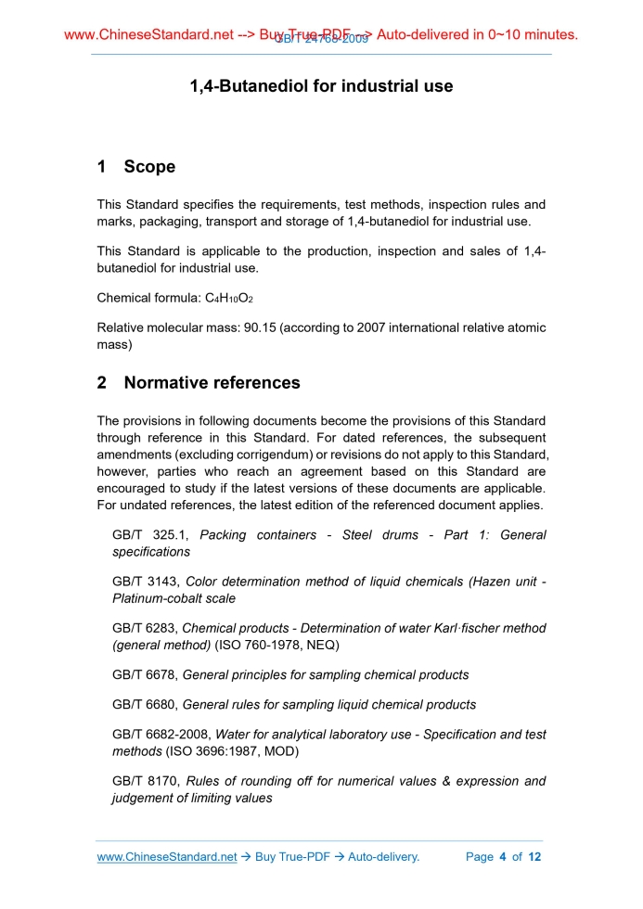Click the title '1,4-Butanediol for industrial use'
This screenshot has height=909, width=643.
(x=321, y=86)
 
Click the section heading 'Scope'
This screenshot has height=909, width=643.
(x=149, y=167)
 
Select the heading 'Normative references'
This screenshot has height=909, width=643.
(x=212, y=382)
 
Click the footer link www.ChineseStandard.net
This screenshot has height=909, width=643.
(x=167, y=857)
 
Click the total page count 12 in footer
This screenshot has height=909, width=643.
(x=534, y=857)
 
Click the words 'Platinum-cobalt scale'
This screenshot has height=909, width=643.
(x=174, y=598)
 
